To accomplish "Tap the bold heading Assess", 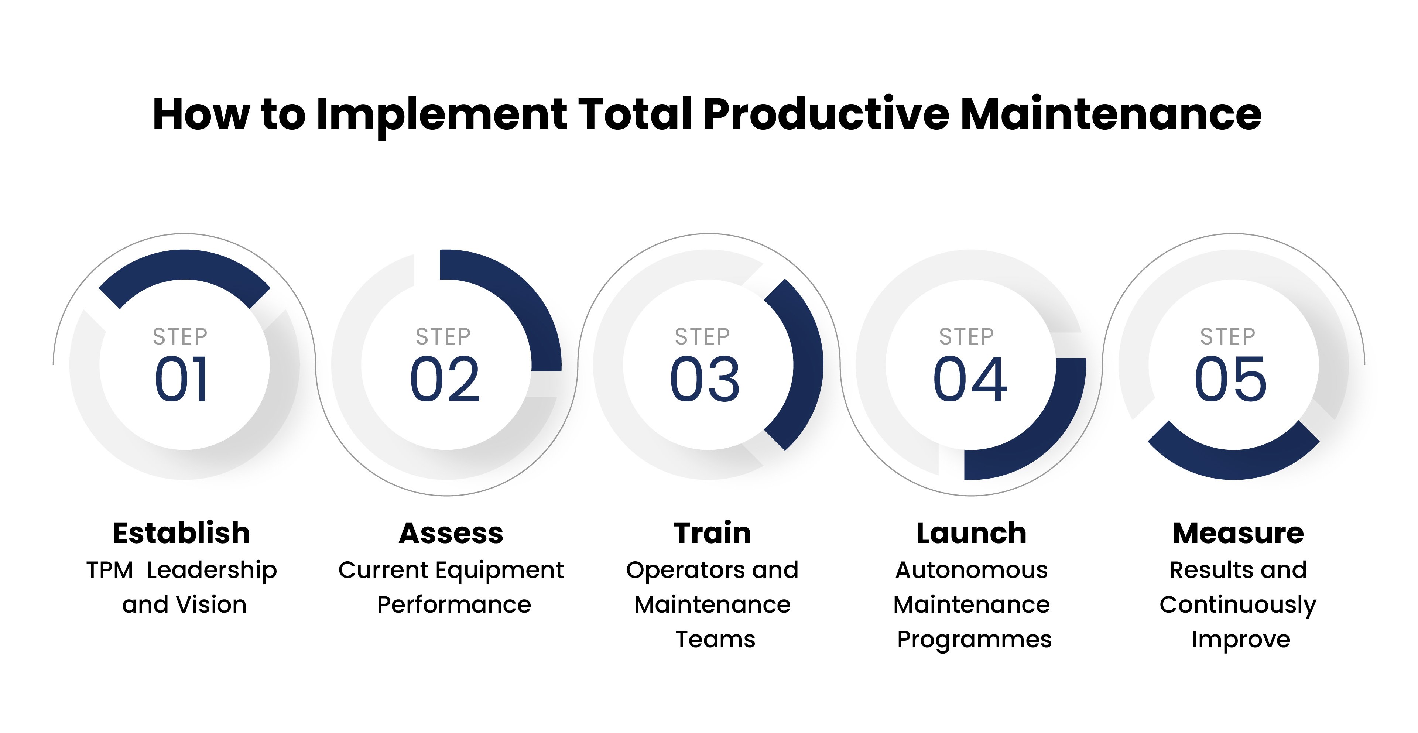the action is pos(451,533).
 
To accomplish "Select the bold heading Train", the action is pos(712,533).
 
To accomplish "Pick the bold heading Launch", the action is pos(972,533).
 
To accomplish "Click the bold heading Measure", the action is pos(1238,533).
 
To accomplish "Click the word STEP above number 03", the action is pos(702,336).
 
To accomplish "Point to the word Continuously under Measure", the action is pos(1238,605).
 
